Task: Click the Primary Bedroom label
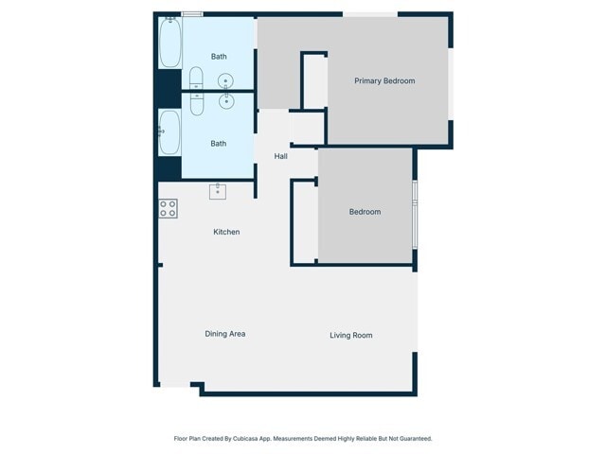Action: tap(384, 81)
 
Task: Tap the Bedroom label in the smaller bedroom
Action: tap(365, 212)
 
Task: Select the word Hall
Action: tap(281, 156)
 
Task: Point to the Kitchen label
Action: tap(226, 232)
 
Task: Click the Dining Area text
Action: tap(225, 334)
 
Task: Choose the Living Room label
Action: tap(350, 335)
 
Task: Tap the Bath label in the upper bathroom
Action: tap(219, 57)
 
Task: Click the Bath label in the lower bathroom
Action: tap(219, 144)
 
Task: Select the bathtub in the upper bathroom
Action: tap(170, 44)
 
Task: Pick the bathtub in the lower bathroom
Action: tap(170, 132)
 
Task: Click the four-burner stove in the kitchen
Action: tap(168, 209)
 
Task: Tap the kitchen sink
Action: tap(218, 191)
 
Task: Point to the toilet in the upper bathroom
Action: tap(196, 78)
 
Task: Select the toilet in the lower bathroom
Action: tap(197, 103)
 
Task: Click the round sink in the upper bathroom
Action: tap(227, 81)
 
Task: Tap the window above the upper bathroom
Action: tap(192, 14)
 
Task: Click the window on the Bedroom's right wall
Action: tap(415, 213)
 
